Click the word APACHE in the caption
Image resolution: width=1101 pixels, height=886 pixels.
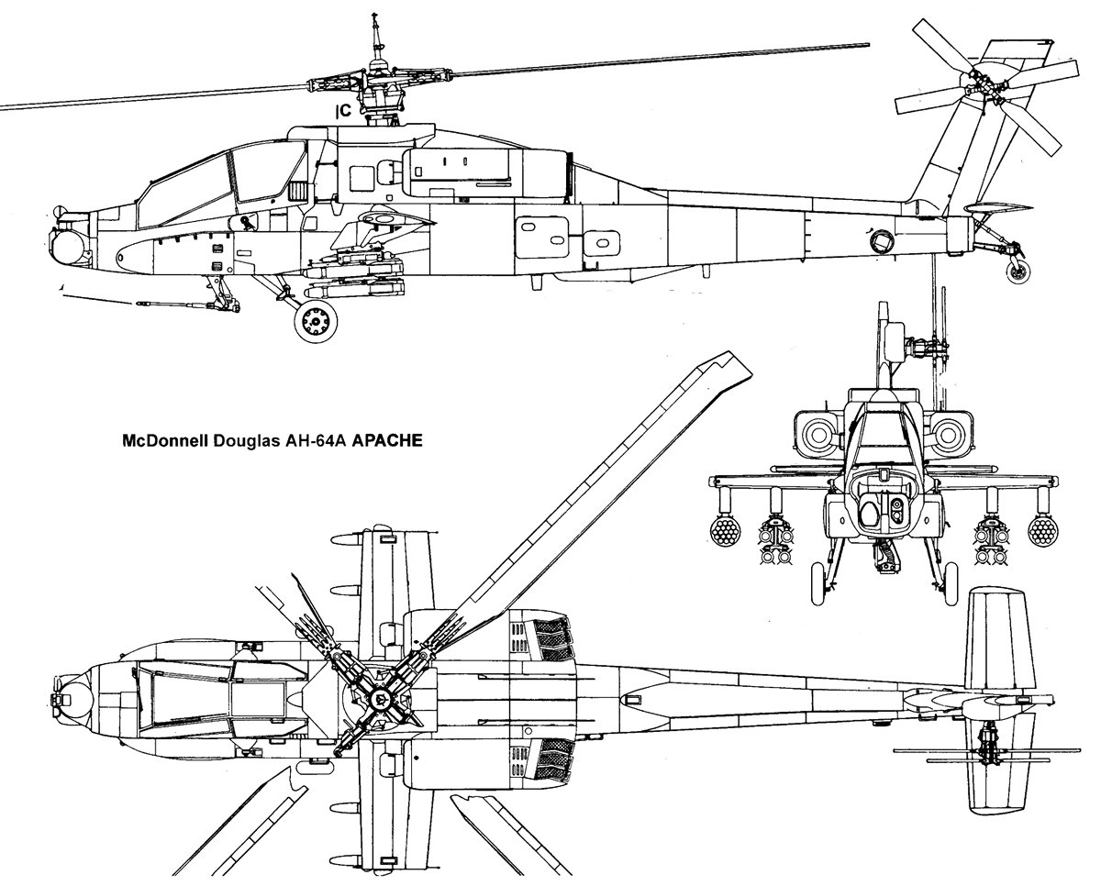(x=387, y=439)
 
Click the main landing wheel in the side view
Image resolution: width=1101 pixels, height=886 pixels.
(x=315, y=322)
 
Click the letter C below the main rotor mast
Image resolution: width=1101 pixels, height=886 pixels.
(x=345, y=112)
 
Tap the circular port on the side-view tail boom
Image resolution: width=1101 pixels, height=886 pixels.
(x=881, y=241)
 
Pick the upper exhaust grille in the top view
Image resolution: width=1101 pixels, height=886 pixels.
(x=550, y=635)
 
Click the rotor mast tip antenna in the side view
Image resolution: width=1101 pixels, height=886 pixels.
(x=374, y=28)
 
